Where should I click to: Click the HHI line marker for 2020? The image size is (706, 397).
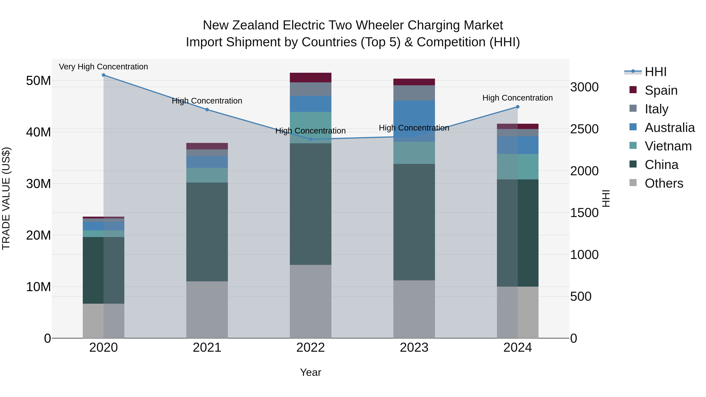click(x=104, y=75)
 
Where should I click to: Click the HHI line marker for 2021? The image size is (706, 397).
click(x=207, y=110)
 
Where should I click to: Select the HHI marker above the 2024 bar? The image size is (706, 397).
click(x=518, y=107)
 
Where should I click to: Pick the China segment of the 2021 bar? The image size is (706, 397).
click(x=207, y=232)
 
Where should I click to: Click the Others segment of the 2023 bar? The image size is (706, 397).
click(x=414, y=309)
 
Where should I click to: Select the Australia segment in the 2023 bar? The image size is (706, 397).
click(x=414, y=121)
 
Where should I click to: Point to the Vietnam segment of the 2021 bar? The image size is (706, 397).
click(x=207, y=175)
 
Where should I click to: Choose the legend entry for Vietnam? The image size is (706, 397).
click(x=668, y=146)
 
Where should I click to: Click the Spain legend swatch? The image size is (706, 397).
click(x=633, y=90)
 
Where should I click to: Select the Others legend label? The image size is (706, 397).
click(x=664, y=183)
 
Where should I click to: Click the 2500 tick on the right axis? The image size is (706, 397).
click(x=584, y=129)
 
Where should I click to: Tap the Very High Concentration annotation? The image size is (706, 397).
click(x=104, y=67)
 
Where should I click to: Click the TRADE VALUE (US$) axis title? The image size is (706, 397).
click(x=6, y=198)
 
